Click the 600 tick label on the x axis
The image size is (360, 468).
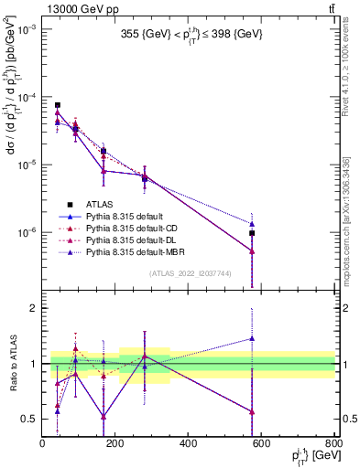(x=261, y=445)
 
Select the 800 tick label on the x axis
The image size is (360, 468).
(x=333, y=445)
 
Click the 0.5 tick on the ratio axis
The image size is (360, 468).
(x=30, y=420)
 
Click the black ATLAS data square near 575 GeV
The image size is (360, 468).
(x=252, y=234)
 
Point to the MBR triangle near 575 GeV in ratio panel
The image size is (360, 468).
(x=252, y=338)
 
